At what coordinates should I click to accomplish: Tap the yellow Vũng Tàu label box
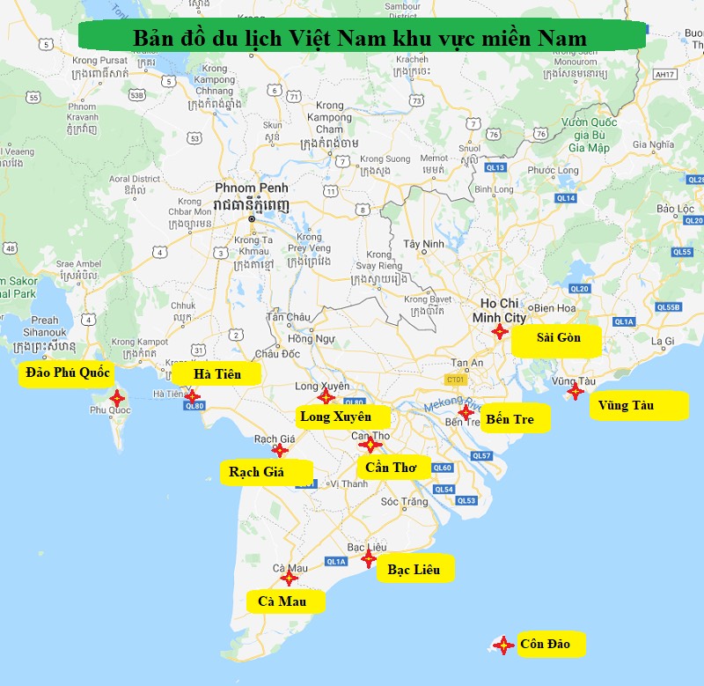point(638,406)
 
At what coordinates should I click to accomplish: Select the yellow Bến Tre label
point(515,419)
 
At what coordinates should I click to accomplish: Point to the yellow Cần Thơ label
point(392,468)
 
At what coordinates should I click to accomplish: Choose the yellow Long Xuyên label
point(336,417)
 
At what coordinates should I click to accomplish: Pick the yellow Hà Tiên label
point(217,374)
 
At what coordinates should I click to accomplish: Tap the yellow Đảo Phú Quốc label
point(68,373)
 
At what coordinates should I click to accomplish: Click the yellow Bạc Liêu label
point(415,570)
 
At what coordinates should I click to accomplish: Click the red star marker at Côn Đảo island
point(503,645)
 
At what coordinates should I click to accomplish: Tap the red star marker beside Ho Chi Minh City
point(499,331)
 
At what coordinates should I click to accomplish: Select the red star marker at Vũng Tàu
point(575,391)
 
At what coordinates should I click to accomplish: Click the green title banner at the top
point(361,37)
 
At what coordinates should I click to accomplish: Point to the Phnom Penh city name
point(251,188)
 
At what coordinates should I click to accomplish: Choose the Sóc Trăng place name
point(404,502)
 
